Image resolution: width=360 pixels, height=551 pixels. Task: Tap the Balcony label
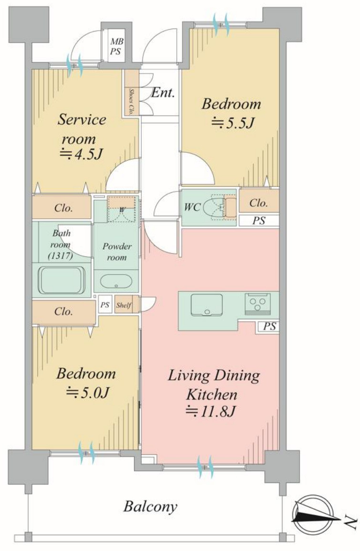tap(150, 507)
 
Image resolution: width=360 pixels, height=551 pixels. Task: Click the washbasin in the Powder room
tap(116, 281)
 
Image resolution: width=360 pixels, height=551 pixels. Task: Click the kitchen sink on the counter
tap(207, 305)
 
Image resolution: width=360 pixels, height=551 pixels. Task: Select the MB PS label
tap(116, 46)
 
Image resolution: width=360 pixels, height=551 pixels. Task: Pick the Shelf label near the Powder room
tap(124, 305)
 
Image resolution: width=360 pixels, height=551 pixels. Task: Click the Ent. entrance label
tap(163, 93)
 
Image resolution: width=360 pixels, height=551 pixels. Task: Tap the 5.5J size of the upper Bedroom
tap(233, 123)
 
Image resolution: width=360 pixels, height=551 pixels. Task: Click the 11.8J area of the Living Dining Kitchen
tap(210, 411)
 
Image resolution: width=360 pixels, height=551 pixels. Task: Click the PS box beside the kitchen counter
tap(269, 327)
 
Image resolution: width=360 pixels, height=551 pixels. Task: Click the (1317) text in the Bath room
tap(61, 256)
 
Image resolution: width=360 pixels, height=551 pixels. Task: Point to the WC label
tap(193, 207)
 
